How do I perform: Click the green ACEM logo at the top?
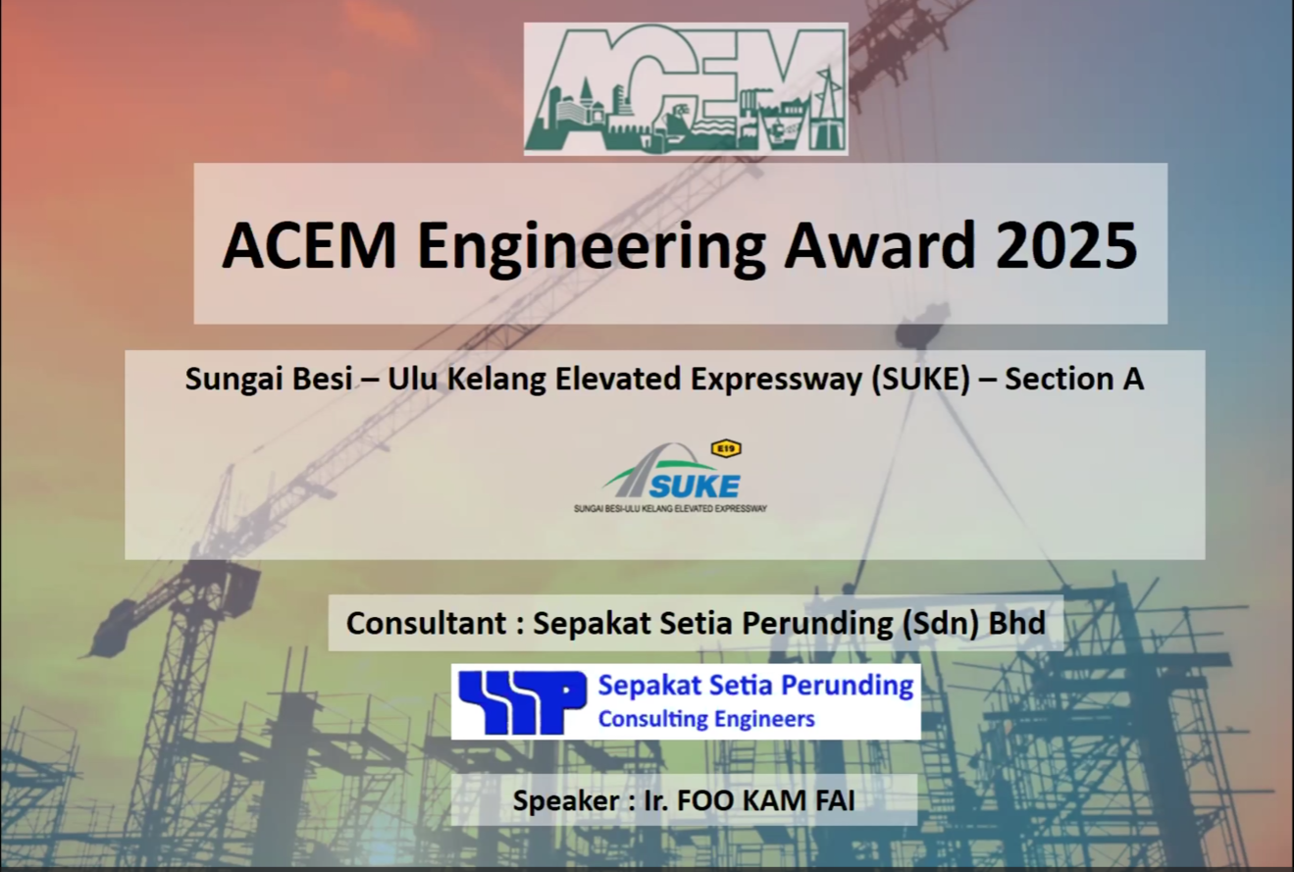[x=686, y=89]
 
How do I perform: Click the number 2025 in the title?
[x=1066, y=245]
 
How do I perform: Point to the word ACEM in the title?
[x=310, y=245]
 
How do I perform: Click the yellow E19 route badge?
[x=726, y=448]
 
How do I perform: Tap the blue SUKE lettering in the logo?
[x=695, y=487]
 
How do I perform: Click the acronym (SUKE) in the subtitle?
[x=921, y=380]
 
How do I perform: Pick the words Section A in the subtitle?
[x=1074, y=379]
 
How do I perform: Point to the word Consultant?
[x=427, y=623]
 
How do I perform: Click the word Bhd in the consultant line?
[x=1017, y=623]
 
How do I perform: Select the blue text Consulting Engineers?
[x=706, y=720]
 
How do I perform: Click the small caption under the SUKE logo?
[x=670, y=509]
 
